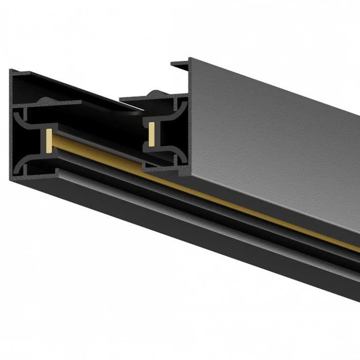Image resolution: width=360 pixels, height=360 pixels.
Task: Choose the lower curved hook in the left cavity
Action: pyautogui.click(x=23, y=164)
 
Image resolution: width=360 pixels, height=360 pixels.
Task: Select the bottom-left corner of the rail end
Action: pyautogui.click(x=10, y=177)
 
